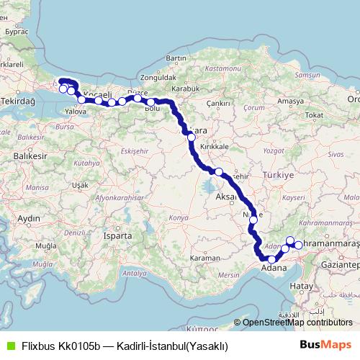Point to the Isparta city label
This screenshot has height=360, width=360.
[118, 235]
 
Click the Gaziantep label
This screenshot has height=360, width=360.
[339, 265]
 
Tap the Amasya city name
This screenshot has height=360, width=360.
[290, 102]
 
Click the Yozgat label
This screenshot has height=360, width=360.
[275, 151]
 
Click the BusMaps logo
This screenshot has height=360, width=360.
[325, 346]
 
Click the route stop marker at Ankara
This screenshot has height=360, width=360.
[191, 136]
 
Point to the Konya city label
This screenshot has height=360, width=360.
[178, 217]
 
